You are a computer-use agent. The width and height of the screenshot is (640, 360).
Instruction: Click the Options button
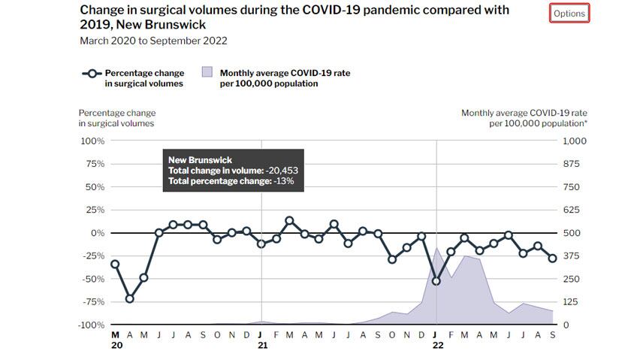[569, 14]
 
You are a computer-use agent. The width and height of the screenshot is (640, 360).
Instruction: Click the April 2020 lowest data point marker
[129, 298]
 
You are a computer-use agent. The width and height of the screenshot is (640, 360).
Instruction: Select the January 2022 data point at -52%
[436, 281]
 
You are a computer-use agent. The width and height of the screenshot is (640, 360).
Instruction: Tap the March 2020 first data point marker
[115, 264]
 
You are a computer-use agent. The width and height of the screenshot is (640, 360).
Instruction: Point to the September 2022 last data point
[552, 259]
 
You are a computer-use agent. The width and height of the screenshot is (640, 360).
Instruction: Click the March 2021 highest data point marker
[290, 220]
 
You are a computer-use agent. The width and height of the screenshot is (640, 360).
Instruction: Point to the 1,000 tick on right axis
[574, 141]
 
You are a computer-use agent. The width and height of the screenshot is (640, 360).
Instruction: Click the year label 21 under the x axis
[262, 346]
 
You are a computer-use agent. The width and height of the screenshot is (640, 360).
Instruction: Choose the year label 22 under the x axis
[437, 346]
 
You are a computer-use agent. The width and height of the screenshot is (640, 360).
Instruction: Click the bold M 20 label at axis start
[115, 340]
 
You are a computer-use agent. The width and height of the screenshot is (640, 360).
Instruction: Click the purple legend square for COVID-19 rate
[207, 73]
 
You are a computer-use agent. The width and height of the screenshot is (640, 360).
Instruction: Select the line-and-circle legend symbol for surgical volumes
[91, 73]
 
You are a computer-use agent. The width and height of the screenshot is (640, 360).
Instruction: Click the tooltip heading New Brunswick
[199, 160]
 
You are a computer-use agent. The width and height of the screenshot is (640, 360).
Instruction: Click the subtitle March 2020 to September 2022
[153, 41]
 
